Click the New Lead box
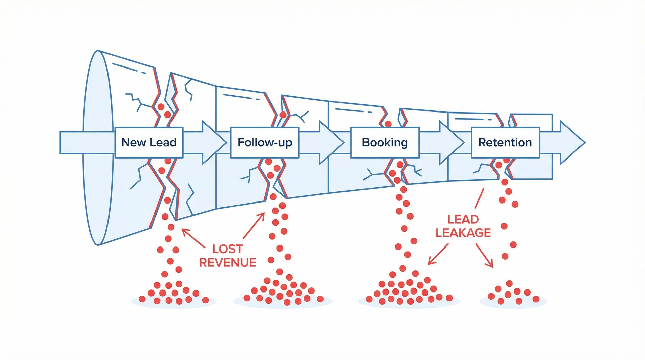coord(149,142)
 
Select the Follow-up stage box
coord(265,142)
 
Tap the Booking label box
coord(385,142)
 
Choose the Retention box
coord(505,142)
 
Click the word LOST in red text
coord(227,249)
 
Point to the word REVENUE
coord(227,262)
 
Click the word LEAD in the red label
coord(463,219)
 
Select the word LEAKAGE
coord(463,233)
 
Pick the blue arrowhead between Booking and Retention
coord(450,142)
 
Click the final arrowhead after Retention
coord(571,142)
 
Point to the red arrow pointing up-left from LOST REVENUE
coord(193,238)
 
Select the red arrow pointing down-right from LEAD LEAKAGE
coord(484,256)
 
